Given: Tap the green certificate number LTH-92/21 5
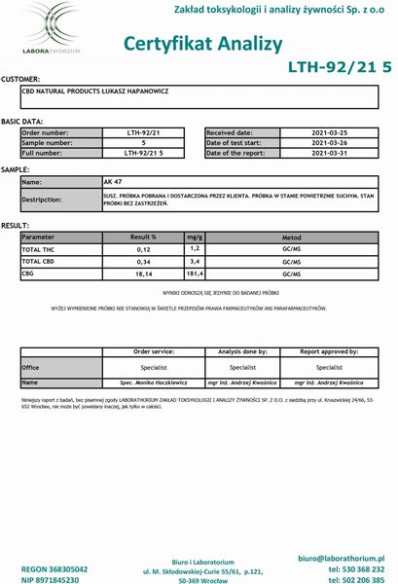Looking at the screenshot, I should coord(340,67).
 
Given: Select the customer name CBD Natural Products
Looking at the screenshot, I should coord(94,91).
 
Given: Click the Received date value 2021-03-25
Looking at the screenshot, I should coord(329,131).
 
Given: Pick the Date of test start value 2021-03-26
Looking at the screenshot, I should coord(329,142).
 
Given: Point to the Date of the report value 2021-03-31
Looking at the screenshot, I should coord(329,153).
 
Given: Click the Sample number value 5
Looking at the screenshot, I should coord(143,142).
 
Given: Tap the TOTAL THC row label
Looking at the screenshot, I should coord(41,249).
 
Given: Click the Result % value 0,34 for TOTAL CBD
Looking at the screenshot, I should coord(144,262).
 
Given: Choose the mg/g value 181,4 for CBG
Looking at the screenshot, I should coord(194,274).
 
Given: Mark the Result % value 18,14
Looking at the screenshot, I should coord(144,274).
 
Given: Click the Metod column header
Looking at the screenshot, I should coord(291,237).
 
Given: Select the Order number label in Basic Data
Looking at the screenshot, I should coord(45,131).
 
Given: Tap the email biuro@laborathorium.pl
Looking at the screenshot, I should coord(339,557).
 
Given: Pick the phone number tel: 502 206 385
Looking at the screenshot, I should coord(355,579).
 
